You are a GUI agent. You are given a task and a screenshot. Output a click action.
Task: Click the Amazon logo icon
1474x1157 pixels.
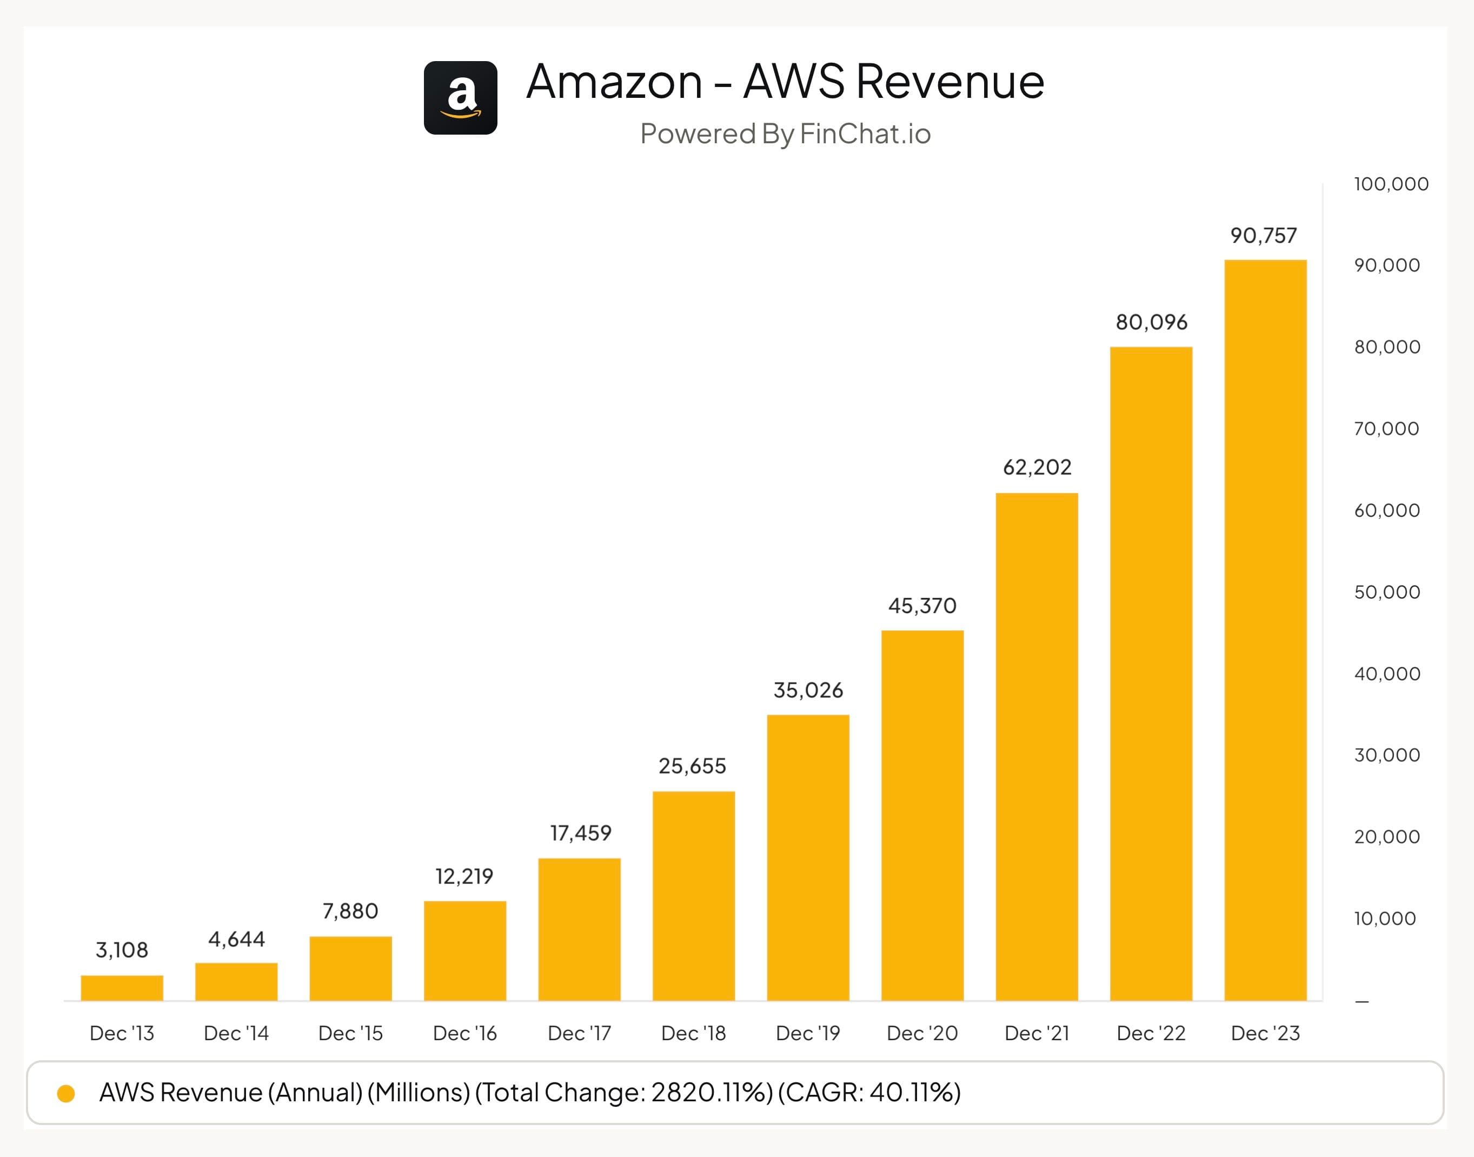coord(461,98)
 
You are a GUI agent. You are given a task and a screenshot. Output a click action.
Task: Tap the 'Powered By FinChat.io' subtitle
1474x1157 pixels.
coord(785,134)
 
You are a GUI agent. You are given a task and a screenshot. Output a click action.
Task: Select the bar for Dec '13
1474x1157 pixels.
coord(122,988)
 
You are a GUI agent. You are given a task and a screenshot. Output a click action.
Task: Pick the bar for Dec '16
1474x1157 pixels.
coord(464,950)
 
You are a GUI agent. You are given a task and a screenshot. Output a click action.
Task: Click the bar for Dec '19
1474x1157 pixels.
coord(808,857)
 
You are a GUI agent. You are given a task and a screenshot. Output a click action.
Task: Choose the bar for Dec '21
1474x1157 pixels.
coord(1037,747)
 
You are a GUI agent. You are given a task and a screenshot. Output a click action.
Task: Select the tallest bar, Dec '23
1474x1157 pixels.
coord(1265,630)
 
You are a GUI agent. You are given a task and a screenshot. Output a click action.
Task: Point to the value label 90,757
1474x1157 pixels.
coord(1263,236)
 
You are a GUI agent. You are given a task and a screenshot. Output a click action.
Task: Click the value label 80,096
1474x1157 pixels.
coord(1152,322)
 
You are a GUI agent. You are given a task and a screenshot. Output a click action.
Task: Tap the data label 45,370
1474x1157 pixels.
coord(922,606)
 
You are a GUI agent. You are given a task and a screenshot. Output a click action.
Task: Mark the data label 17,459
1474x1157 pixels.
coord(581,833)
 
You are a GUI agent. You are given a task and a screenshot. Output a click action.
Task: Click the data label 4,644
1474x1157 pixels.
coord(236,940)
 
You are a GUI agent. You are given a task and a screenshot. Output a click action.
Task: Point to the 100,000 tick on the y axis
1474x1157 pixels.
coord(1391,184)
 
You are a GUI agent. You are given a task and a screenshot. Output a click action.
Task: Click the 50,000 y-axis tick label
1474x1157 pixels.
coord(1386,592)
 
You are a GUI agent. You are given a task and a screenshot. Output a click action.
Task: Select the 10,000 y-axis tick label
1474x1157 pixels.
coord(1385,919)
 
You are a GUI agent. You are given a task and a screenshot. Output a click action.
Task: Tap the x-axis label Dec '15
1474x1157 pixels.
coord(350,1033)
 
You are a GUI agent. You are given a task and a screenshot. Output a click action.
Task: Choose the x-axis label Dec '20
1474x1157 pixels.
coord(922,1033)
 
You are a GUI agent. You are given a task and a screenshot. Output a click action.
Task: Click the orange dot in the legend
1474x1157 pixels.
coord(67,1093)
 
